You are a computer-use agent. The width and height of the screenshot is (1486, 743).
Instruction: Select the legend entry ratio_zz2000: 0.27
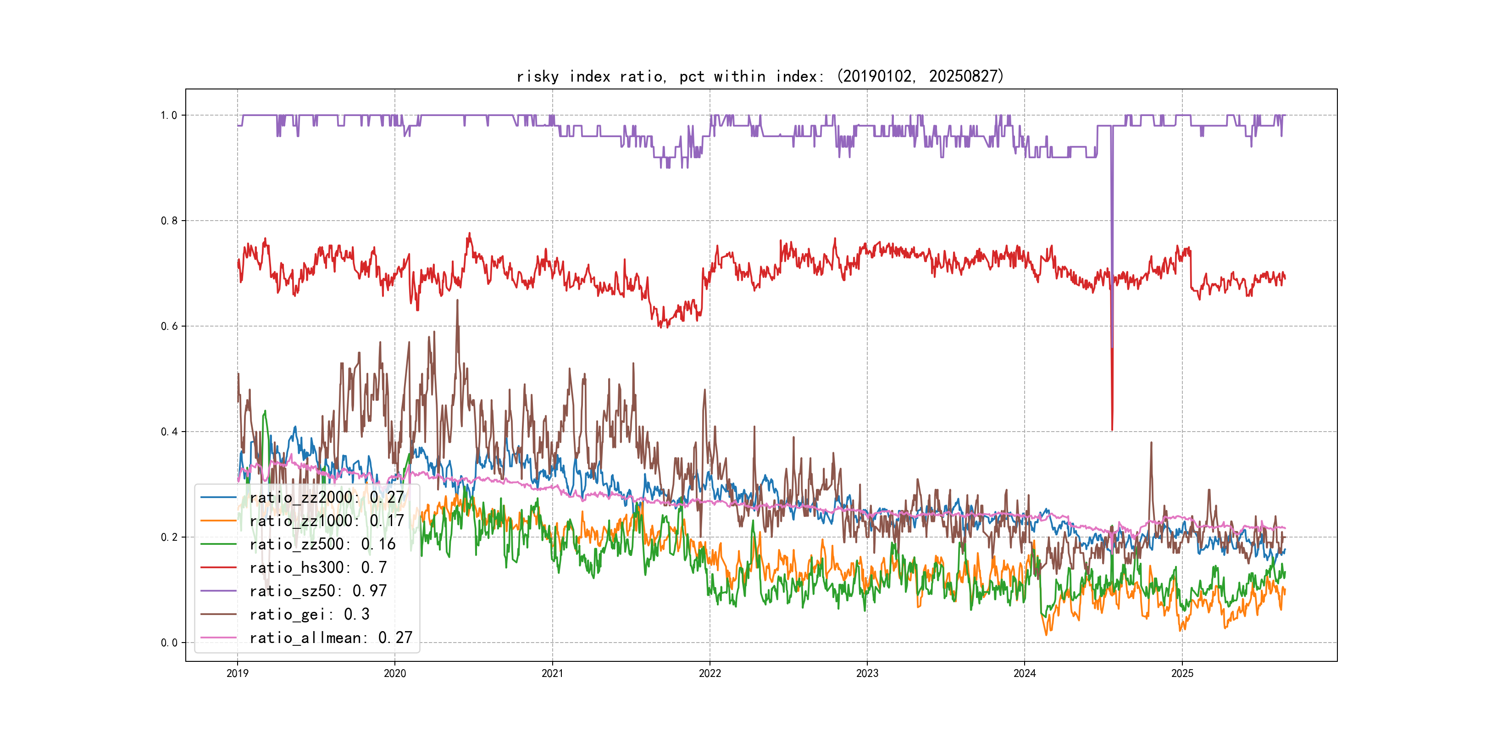(327, 497)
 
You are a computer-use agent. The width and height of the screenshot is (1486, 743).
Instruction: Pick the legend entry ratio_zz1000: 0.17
(327, 521)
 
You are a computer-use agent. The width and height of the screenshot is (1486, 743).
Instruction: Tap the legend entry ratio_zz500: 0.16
(322, 544)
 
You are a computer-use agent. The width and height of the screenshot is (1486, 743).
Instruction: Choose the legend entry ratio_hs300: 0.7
(318, 568)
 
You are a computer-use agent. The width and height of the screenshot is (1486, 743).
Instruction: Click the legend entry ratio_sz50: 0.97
(318, 591)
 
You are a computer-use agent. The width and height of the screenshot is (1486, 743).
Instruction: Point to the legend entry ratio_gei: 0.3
(309, 615)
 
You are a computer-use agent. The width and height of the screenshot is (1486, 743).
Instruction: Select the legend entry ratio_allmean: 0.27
(331, 638)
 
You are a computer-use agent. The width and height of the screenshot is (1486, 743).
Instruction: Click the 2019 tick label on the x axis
(237, 673)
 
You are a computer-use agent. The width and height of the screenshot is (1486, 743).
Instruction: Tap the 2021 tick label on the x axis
(552, 673)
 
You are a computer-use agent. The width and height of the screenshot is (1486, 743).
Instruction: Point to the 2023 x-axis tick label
(867, 673)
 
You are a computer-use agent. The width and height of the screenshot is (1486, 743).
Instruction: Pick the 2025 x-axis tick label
(1182, 673)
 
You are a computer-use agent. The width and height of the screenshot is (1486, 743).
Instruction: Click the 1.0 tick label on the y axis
(168, 116)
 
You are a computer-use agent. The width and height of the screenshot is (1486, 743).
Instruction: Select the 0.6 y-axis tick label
(168, 327)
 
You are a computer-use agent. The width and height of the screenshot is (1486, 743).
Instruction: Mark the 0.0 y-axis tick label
(168, 643)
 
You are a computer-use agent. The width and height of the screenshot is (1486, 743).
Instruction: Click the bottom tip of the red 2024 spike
(1112, 430)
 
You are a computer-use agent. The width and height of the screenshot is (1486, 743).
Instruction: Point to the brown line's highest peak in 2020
(457, 300)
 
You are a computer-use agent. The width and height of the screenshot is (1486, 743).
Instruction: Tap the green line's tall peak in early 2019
(265, 411)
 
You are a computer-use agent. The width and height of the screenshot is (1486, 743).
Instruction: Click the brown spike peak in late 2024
(1151, 443)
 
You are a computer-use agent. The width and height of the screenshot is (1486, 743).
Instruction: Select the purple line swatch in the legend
(218, 591)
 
